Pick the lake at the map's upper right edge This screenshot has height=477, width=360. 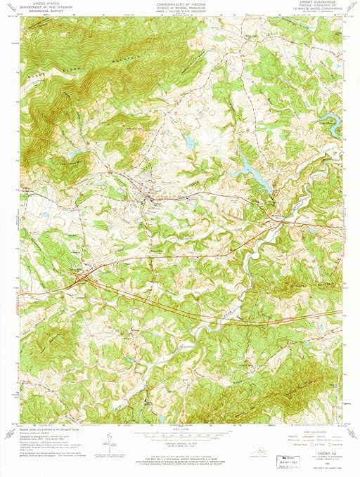(x=335, y=125)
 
